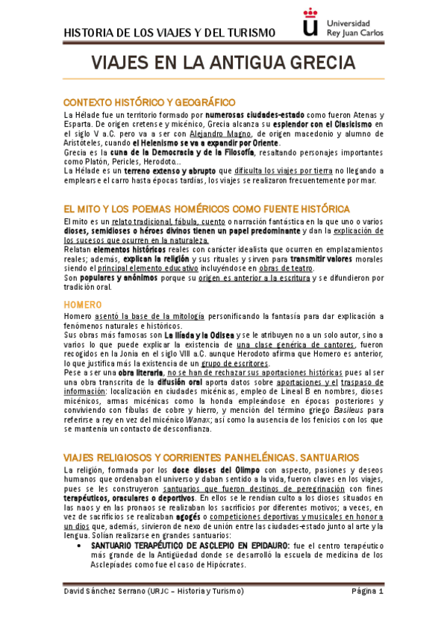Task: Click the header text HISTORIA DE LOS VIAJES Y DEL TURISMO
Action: (x=170, y=32)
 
